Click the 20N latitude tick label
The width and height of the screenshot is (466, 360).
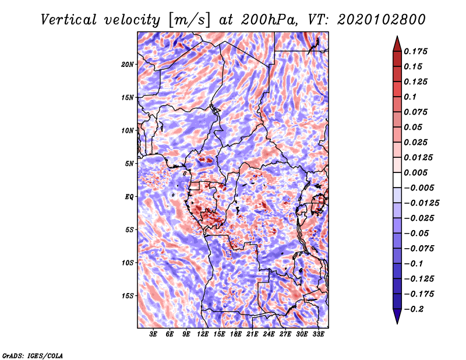tap(128, 64)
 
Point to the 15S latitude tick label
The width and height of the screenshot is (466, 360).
tap(128, 296)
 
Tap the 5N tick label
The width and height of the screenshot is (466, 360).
tap(129, 164)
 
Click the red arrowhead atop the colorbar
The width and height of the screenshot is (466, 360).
tap(397, 43)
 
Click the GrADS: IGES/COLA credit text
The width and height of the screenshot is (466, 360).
tap(32, 355)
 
